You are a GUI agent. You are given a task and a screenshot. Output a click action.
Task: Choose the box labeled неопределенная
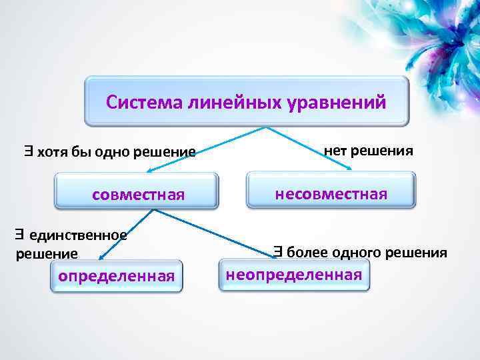point(294,274)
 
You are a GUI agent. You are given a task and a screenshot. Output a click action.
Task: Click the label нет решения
point(368,151)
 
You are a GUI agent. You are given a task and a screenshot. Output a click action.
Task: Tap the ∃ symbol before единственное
point(21,234)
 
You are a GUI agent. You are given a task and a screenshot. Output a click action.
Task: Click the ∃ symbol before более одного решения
point(278,251)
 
